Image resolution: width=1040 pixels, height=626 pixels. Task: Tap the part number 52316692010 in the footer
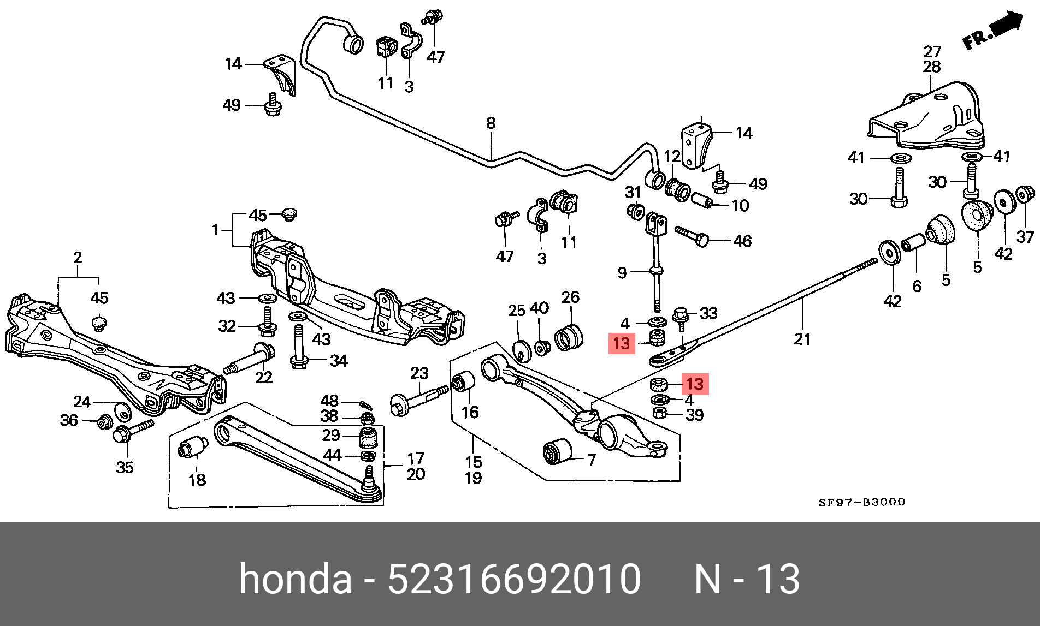click(514, 579)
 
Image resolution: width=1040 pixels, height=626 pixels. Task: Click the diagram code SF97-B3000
click(861, 502)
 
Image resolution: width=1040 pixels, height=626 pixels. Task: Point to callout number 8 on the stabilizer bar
click(491, 123)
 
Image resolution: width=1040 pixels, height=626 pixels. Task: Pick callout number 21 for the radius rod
click(802, 339)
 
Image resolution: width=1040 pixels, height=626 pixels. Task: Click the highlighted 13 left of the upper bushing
click(622, 344)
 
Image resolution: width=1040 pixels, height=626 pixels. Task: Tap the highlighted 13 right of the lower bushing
click(695, 384)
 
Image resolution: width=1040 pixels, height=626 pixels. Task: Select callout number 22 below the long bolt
click(264, 377)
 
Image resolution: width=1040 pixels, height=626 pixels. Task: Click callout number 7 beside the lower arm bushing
click(592, 461)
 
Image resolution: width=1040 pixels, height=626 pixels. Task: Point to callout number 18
click(197, 480)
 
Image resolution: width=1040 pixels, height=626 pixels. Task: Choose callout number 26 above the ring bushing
click(570, 297)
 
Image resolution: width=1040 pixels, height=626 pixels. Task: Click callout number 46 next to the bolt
click(742, 241)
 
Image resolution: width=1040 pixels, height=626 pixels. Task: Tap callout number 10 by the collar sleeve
click(740, 206)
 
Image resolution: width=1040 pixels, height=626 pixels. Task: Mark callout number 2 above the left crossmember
click(78, 257)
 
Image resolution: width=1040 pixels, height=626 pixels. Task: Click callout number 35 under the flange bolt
click(125, 467)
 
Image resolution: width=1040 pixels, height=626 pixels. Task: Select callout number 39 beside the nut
click(694, 415)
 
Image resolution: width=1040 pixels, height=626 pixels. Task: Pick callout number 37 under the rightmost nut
click(1025, 237)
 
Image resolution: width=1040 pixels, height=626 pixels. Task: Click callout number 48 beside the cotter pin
click(329, 401)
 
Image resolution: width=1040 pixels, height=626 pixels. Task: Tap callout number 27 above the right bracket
click(932, 52)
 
